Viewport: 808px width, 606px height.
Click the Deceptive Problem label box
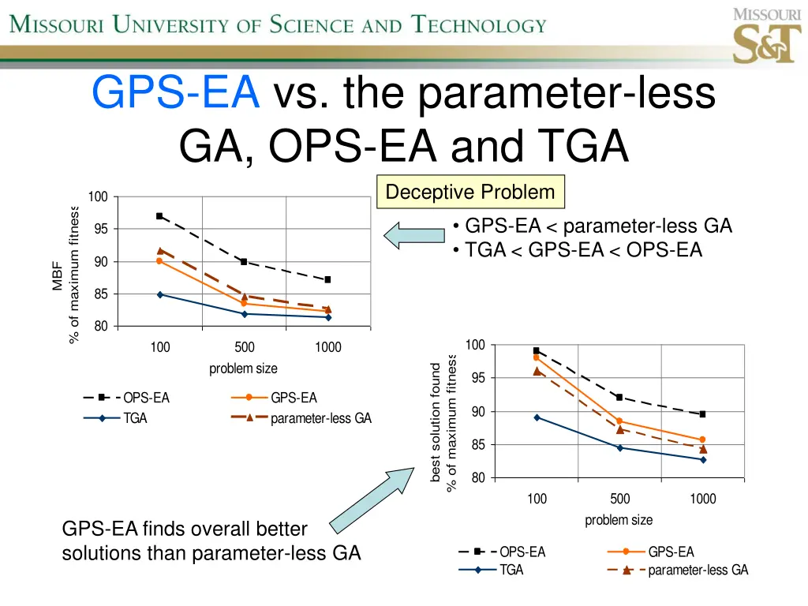[x=470, y=192]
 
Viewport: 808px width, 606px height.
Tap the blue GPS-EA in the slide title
[x=176, y=93]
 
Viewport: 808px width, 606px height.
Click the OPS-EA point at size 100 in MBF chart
[x=159, y=215]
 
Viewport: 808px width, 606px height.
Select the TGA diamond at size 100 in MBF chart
[x=159, y=294]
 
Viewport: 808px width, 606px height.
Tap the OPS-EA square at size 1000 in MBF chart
[x=327, y=279]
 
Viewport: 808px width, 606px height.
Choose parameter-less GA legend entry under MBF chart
[x=301, y=418]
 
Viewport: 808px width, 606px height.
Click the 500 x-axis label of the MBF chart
[x=244, y=347]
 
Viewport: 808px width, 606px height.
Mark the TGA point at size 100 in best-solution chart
[x=537, y=417]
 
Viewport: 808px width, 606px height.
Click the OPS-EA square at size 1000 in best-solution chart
[x=702, y=413]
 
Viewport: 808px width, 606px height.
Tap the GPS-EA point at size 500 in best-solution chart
[x=619, y=421]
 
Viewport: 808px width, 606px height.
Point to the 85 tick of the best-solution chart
[x=478, y=445]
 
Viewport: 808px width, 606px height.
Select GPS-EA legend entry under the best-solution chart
[x=650, y=552]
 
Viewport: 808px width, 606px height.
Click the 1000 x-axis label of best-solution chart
[x=702, y=499]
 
